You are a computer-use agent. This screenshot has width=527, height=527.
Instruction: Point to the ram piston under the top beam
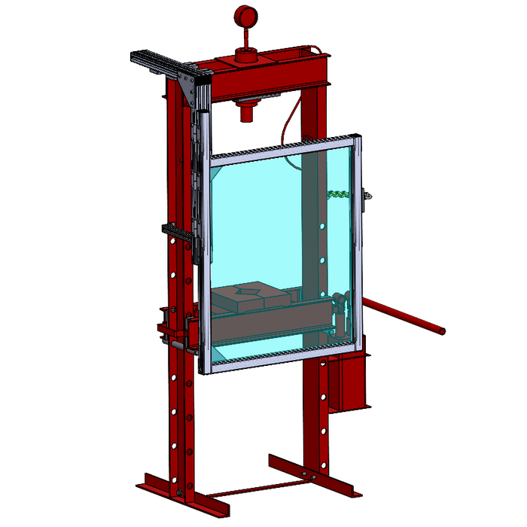click(246, 113)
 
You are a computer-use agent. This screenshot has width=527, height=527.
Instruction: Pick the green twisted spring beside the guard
click(337, 193)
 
